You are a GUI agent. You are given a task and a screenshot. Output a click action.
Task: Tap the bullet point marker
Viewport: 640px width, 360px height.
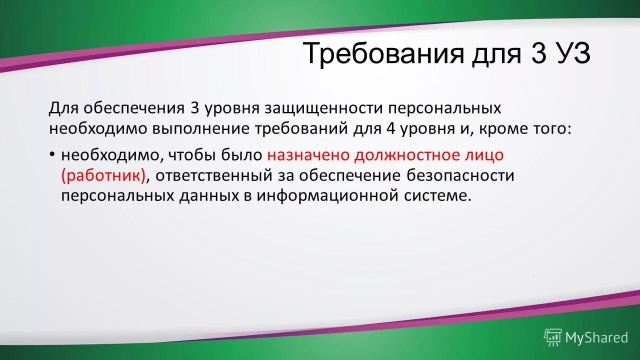pyautogui.click(x=52, y=154)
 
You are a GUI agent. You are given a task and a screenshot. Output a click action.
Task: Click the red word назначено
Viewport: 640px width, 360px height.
pyautogui.click(x=308, y=155)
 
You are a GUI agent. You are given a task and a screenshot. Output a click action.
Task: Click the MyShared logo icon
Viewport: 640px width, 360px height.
pyautogui.click(x=553, y=337)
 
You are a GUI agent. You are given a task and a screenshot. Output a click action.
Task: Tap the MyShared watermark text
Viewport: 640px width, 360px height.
pyautogui.click(x=596, y=337)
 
